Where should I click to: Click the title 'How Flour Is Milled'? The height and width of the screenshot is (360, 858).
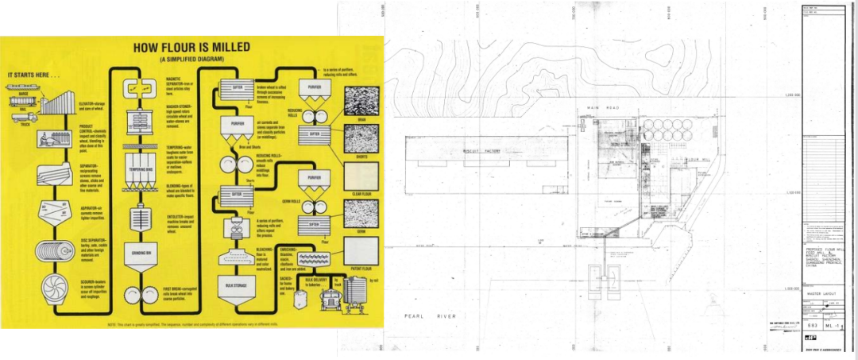point(191,47)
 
